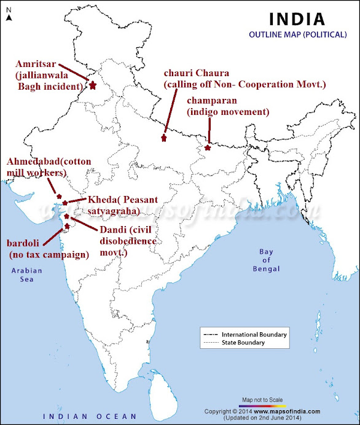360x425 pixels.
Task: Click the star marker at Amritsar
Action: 93,85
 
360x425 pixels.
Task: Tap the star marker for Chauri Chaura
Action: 163,138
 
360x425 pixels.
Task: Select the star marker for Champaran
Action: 208,147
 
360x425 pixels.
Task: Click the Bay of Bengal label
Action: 266,260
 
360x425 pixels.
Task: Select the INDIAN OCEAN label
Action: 87,416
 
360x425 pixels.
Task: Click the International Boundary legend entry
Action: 254,334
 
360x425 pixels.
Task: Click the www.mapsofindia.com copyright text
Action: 288,411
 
